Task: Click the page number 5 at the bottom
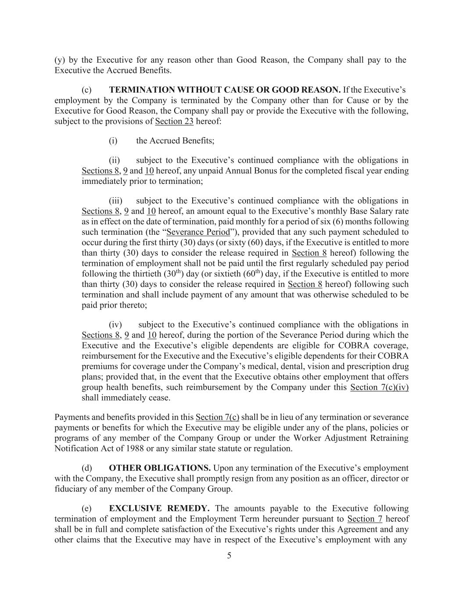coord(229,556)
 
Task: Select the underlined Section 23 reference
coord(174,121)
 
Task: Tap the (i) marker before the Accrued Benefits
coord(113,141)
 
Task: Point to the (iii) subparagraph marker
coord(115,201)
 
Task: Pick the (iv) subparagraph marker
coord(115,325)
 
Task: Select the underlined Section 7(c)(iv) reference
coord(379,387)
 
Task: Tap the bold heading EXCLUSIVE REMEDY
coord(159,509)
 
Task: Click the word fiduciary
coord(72,489)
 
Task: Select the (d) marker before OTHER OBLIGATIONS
coord(86,468)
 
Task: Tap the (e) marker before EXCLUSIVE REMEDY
coord(86,509)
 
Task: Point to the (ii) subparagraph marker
coord(114,161)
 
